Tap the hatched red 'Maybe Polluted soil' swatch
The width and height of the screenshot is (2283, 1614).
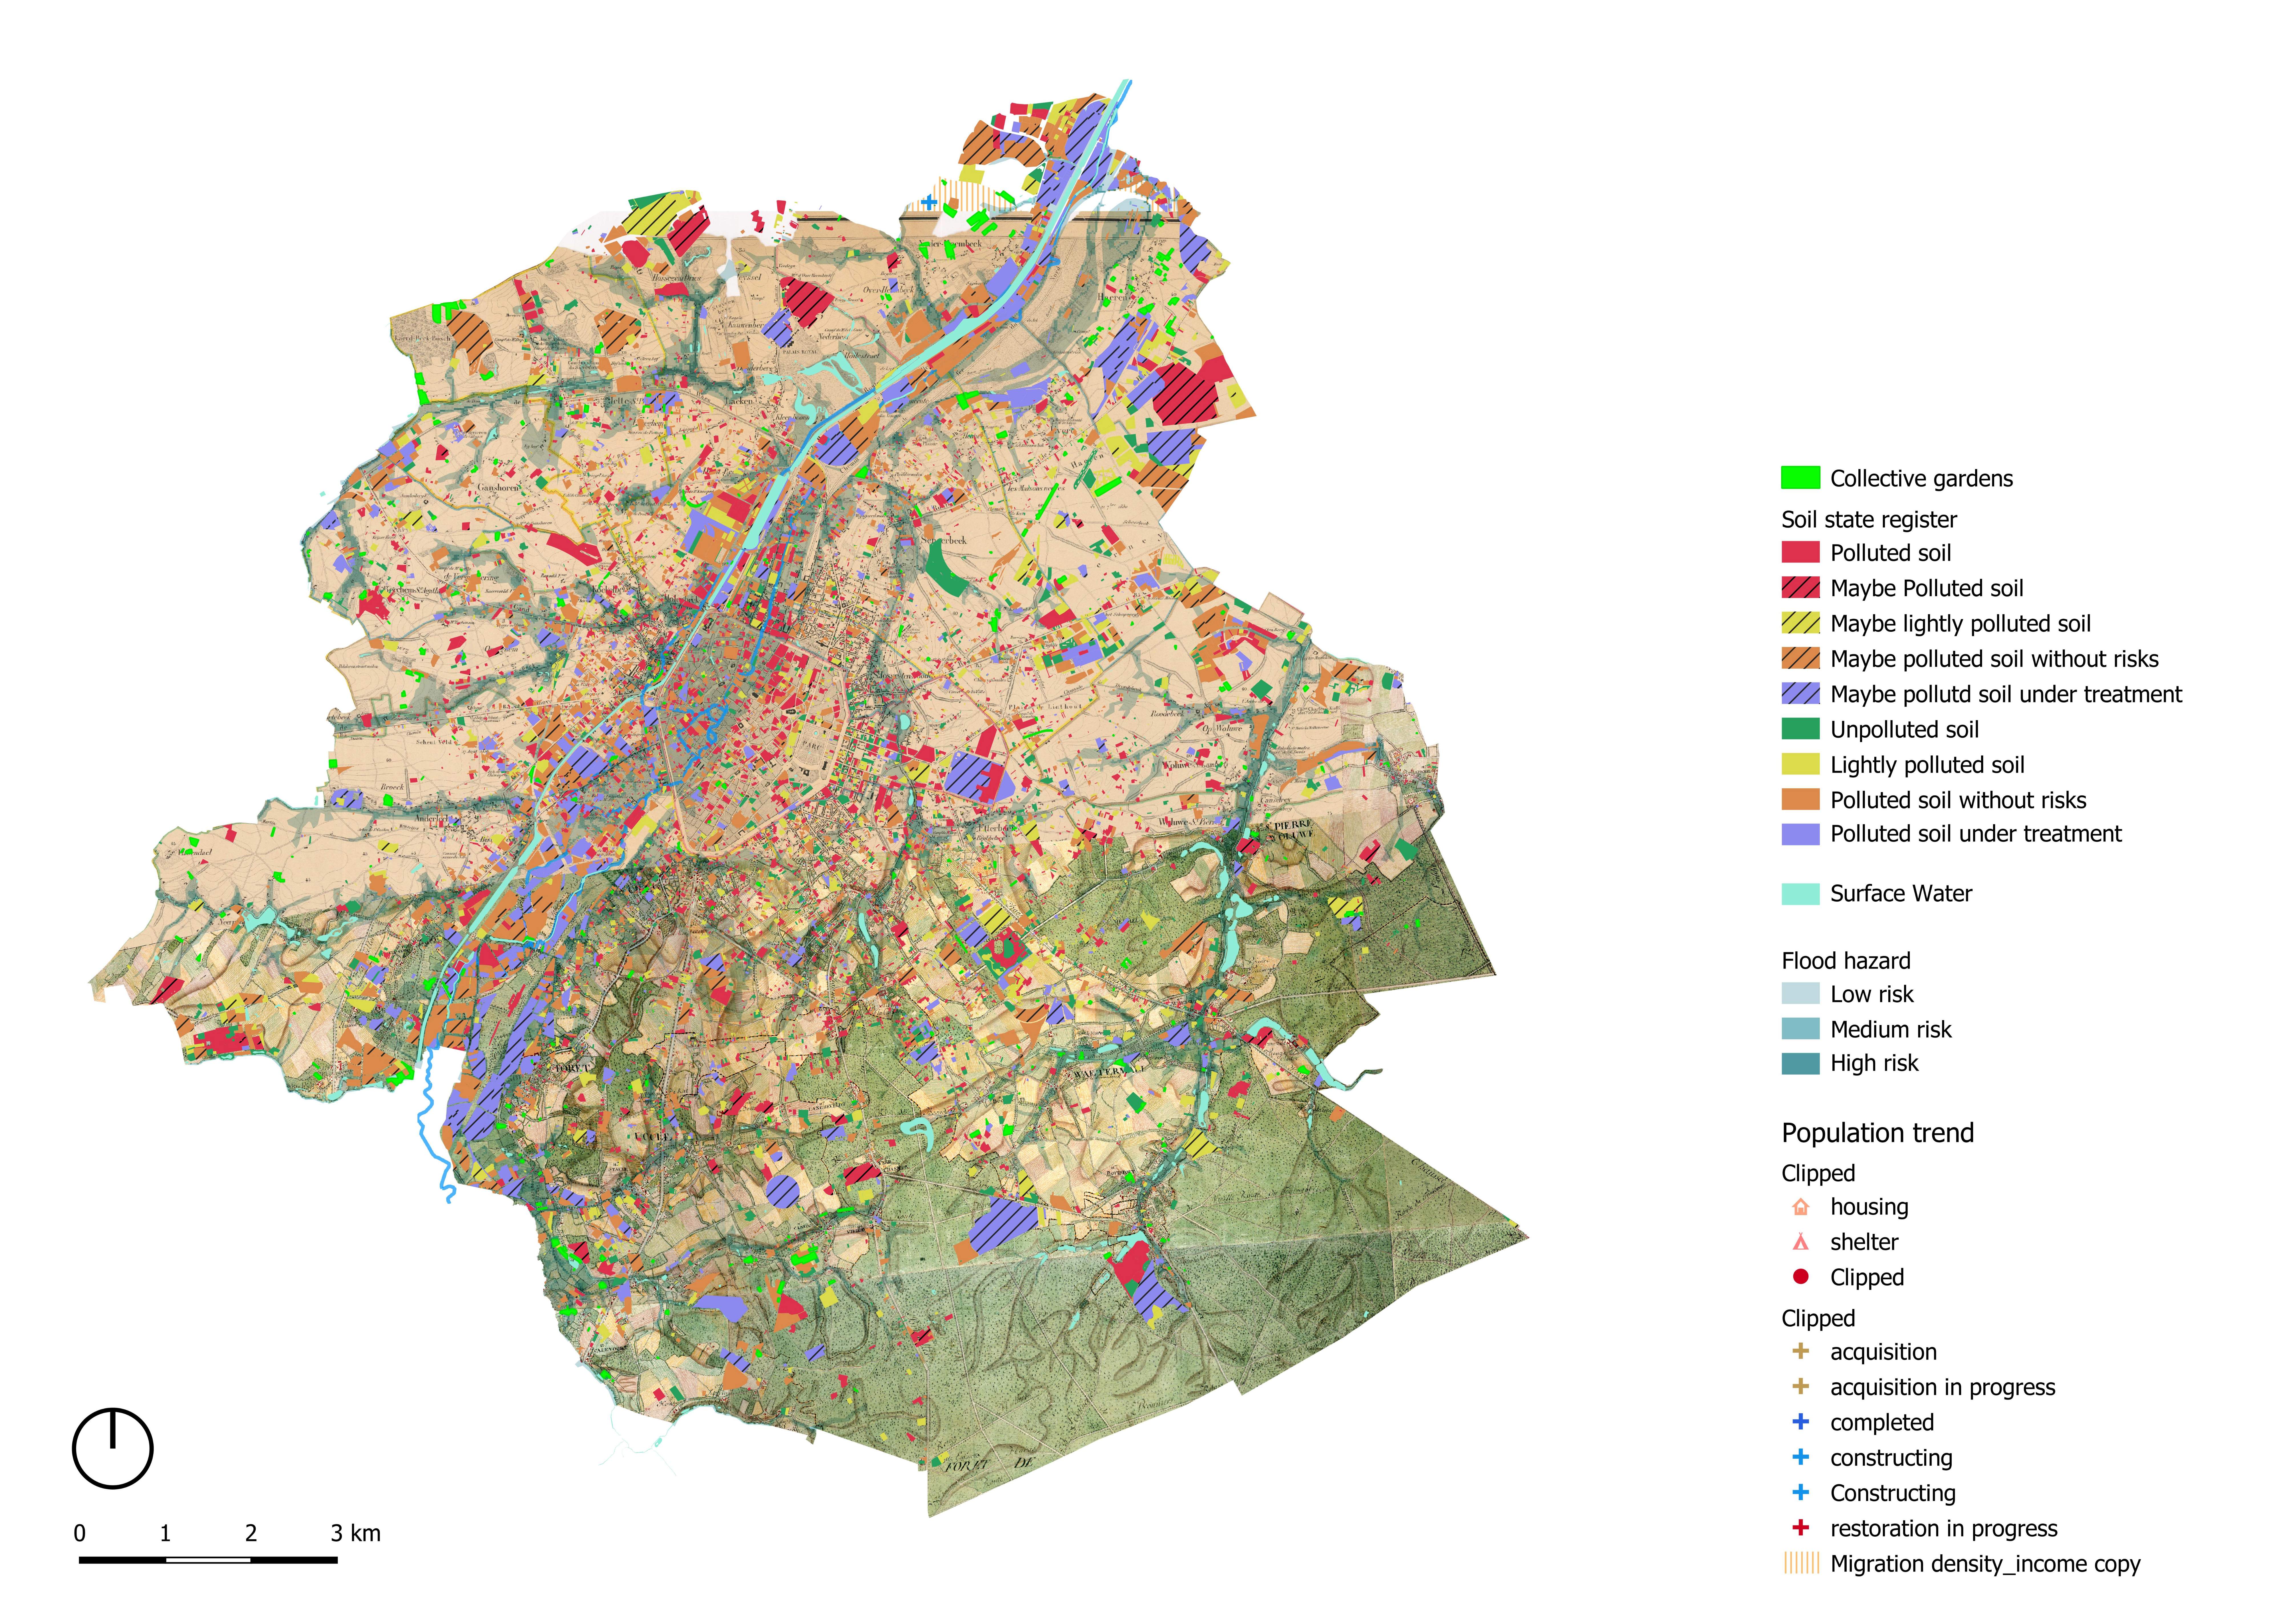(x=1800, y=588)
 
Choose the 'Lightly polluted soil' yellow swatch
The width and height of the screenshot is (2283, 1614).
(x=1800, y=765)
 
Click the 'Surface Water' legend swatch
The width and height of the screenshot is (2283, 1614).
(x=1800, y=893)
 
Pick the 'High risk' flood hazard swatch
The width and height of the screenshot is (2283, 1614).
(x=1800, y=1063)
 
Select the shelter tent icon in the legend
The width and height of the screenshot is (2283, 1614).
(x=1800, y=1242)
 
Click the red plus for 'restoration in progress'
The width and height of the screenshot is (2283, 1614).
(x=1800, y=1528)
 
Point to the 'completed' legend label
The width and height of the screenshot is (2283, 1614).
(x=1881, y=1422)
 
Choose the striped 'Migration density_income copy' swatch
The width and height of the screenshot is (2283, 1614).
(x=1800, y=1563)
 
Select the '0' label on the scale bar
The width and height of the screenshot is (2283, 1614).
(x=80, y=1534)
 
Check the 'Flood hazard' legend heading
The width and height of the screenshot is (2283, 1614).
(x=1846, y=961)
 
